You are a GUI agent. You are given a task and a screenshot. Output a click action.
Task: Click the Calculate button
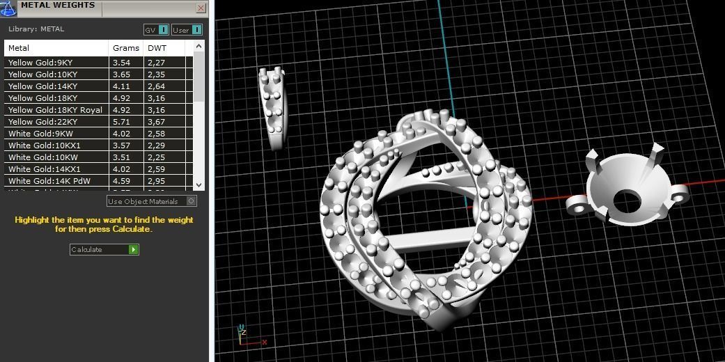[104, 249]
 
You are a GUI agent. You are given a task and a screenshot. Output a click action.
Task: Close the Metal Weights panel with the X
[201, 8]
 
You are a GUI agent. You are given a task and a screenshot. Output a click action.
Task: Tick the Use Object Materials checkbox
[192, 201]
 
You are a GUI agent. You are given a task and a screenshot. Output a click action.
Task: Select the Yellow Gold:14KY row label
[42, 86]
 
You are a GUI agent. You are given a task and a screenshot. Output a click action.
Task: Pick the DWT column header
[157, 48]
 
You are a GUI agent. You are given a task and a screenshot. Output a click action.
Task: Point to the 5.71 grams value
[122, 122]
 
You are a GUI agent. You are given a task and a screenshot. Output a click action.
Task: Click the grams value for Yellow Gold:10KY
[122, 74]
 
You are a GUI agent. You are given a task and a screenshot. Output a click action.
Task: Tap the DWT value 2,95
[156, 181]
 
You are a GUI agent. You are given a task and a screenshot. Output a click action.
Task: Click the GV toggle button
[156, 30]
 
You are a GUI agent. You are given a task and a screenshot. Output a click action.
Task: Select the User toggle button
[187, 30]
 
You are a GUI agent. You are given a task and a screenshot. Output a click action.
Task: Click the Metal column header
[19, 48]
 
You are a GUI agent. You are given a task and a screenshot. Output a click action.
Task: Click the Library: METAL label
[36, 29]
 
